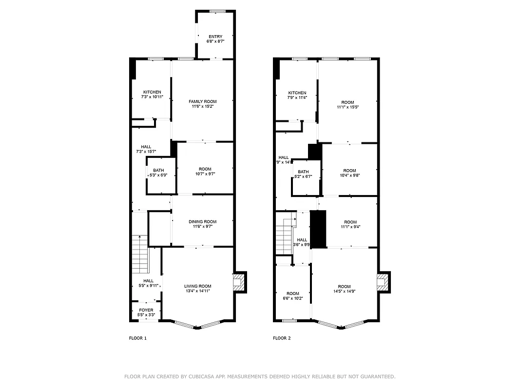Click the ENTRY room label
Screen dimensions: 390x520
[x=215, y=37]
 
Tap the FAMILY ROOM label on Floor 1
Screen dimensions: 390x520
[x=203, y=101]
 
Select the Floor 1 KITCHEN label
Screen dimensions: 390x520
[x=152, y=92]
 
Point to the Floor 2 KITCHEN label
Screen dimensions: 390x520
[x=297, y=93]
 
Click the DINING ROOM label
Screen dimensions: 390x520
[x=203, y=222]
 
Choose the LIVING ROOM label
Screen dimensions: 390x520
[x=198, y=286]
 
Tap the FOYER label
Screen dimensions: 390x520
[x=146, y=310]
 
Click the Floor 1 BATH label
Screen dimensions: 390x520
[x=158, y=170]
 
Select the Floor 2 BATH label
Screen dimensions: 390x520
[x=303, y=172]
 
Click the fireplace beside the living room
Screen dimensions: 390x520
[x=238, y=282]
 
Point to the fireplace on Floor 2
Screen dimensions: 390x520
[x=383, y=282]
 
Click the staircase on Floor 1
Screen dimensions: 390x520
[x=140, y=253]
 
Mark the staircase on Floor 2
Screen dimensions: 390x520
[x=285, y=236]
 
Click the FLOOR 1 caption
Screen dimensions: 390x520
[x=137, y=338]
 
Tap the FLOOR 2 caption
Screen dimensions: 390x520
[x=282, y=338]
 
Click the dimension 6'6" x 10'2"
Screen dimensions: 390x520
[x=293, y=298]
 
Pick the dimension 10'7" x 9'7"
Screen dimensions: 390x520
[x=205, y=174]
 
